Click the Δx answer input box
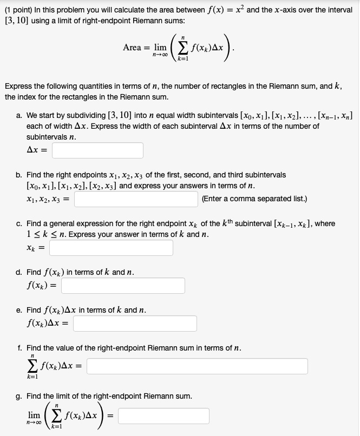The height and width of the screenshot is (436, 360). click(x=97, y=150)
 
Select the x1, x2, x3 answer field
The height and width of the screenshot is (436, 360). click(x=136, y=199)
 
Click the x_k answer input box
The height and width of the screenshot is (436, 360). click(x=111, y=248)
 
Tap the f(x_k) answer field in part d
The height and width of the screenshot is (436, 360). click(x=123, y=285)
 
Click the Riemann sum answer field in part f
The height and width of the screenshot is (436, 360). click(x=197, y=366)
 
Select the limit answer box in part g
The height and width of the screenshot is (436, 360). click(x=163, y=416)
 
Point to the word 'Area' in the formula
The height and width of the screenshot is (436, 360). click(x=133, y=48)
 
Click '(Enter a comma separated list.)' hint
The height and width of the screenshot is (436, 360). click(x=254, y=199)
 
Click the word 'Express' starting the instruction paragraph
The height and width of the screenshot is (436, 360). click(x=18, y=86)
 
